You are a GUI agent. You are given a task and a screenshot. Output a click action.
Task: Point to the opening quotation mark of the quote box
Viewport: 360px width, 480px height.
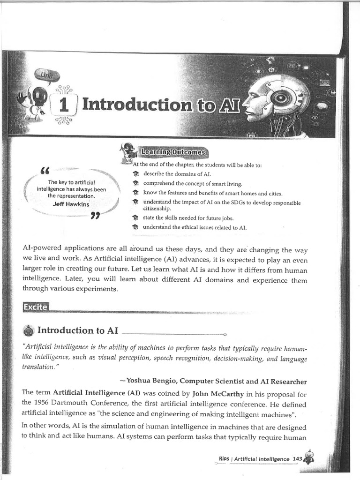tap(45, 170)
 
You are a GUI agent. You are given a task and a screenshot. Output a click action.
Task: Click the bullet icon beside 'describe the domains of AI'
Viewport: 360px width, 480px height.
tap(135, 174)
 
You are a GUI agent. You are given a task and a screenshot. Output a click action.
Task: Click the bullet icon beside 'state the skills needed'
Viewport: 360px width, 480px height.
tap(135, 218)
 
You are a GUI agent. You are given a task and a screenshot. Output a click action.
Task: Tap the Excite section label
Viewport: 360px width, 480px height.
tap(35, 307)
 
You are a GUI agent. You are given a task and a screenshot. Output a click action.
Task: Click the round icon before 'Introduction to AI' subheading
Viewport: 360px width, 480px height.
tap(28, 331)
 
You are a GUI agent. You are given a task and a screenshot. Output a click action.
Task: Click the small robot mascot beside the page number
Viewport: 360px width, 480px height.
tap(308, 457)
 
